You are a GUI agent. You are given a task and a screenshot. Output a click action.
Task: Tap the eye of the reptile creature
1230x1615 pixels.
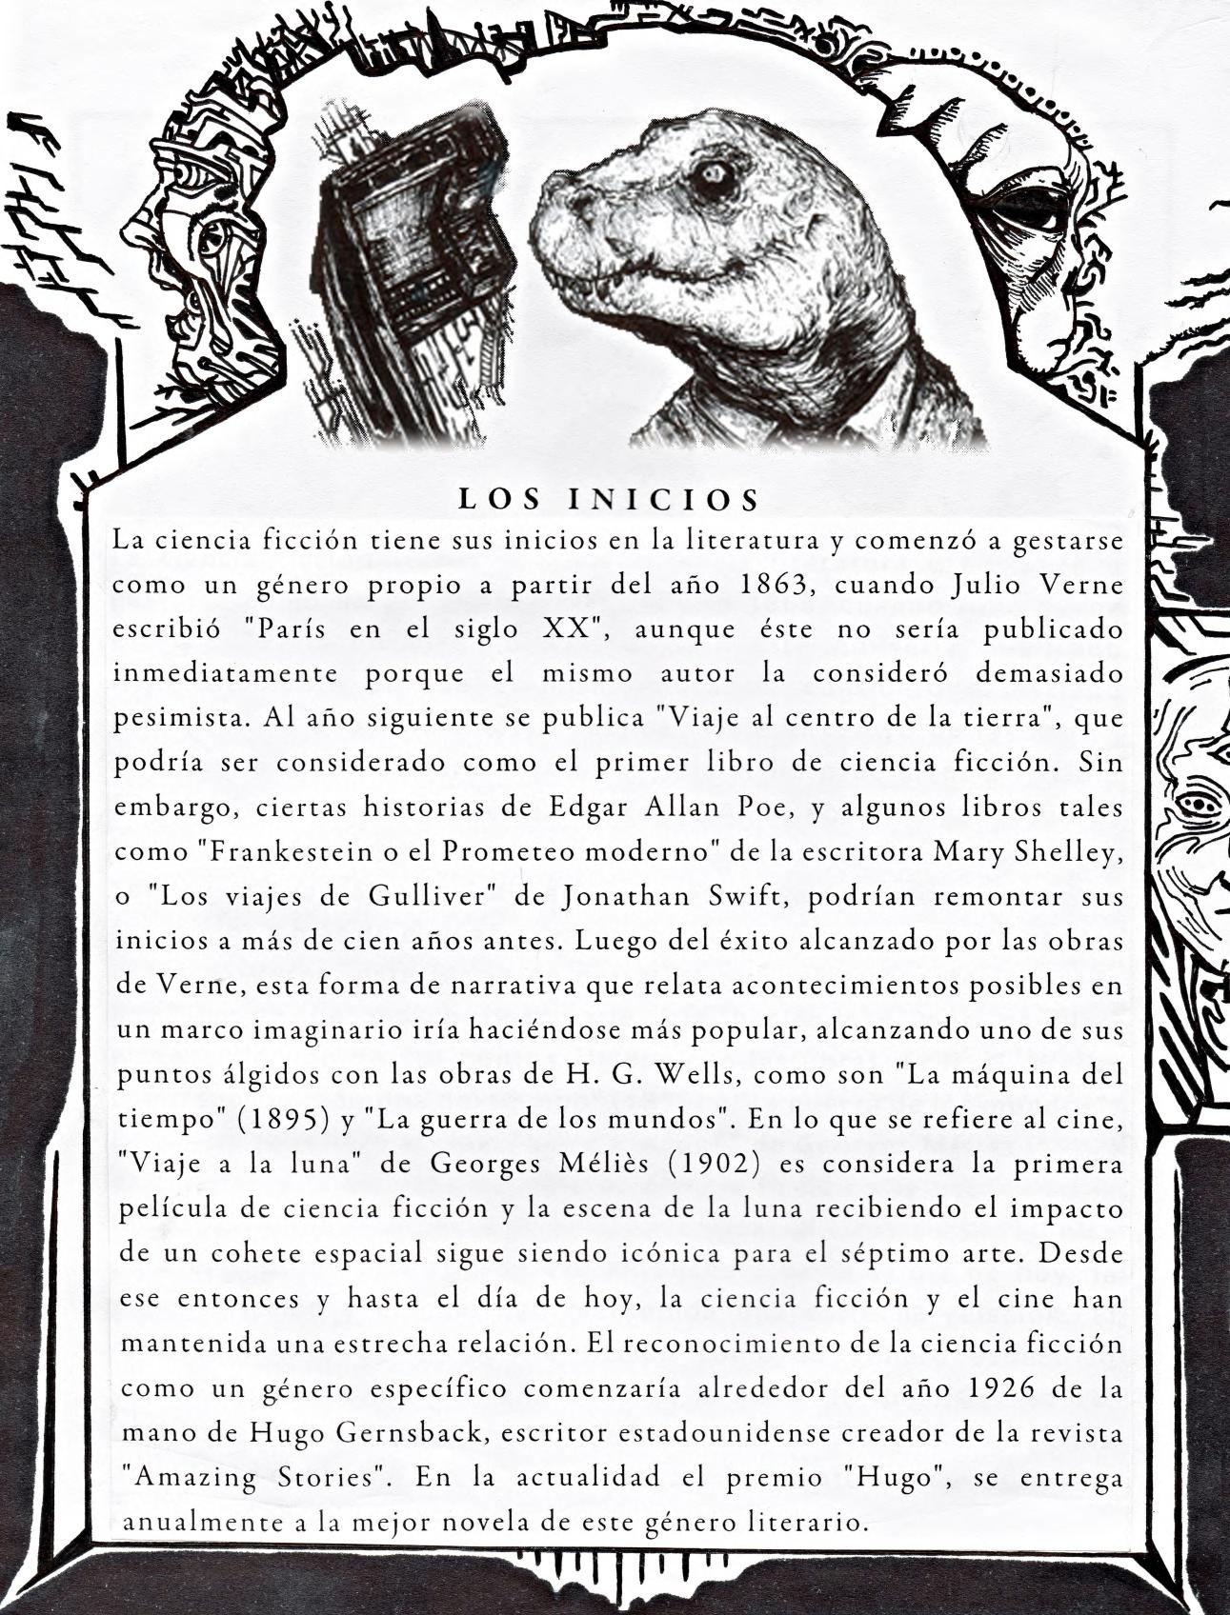point(712,174)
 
